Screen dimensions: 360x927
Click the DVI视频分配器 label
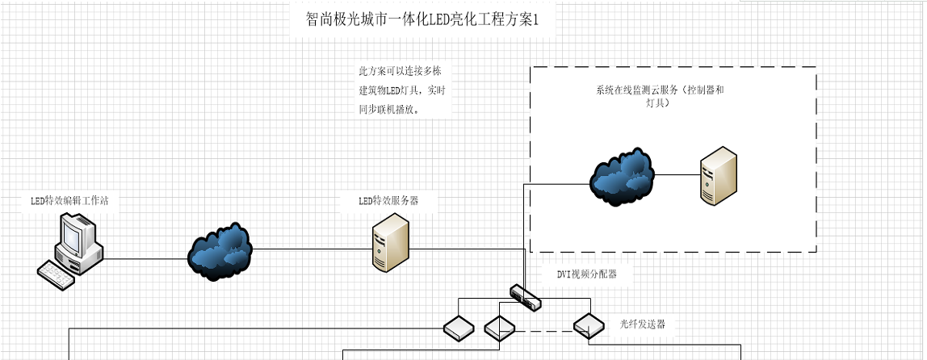587,274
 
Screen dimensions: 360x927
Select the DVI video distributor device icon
526,297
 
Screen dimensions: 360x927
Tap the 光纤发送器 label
643,324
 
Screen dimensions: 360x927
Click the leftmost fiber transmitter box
458,327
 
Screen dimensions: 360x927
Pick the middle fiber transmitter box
499,328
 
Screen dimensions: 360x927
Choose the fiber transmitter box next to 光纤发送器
589,324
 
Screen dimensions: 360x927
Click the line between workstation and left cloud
145,259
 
